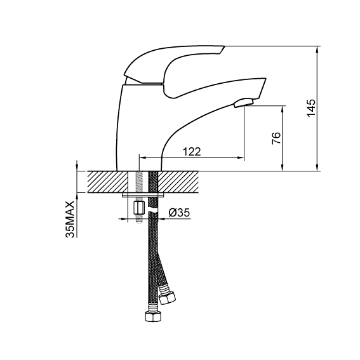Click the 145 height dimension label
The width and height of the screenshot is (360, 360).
[311, 108]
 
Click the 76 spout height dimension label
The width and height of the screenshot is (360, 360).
[276, 138]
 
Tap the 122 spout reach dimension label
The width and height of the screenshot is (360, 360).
[192, 152]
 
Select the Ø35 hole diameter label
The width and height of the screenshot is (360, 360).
[179, 213]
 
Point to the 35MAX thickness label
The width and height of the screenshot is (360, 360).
[70, 219]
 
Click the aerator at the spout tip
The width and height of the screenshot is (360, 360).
[243, 103]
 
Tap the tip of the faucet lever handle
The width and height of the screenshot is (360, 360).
[222, 48]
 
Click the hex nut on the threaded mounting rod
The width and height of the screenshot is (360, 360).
[138, 208]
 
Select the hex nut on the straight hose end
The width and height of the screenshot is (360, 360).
[153, 317]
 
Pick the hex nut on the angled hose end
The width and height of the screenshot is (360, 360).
[168, 297]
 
